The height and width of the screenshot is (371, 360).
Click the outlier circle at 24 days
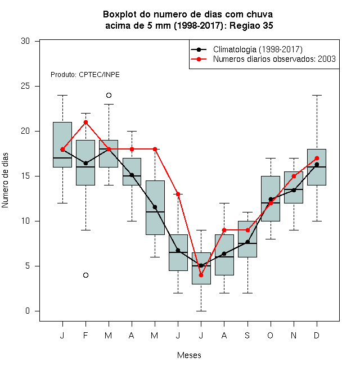click(109, 96)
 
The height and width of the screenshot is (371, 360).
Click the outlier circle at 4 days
click(85, 275)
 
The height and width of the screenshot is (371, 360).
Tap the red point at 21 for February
click(85, 123)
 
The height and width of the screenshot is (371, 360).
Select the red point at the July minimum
click(201, 275)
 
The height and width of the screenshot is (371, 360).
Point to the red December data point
click(317, 158)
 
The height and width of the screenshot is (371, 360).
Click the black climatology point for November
click(294, 190)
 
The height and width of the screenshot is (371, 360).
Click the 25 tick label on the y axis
click(25, 86)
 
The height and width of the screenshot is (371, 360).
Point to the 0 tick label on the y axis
click(28, 311)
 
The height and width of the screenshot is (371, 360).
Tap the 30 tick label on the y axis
click(25, 41)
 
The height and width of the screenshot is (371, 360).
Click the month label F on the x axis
click(85, 335)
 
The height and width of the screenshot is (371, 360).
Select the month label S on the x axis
click(247, 335)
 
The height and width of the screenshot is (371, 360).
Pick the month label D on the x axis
click(317, 335)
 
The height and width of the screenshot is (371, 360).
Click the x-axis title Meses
click(189, 355)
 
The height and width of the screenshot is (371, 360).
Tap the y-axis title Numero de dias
click(5, 180)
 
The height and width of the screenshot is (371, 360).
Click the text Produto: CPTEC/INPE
click(85, 75)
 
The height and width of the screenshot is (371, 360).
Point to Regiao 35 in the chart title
click(251, 25)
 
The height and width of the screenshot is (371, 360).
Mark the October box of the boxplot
click(271, 199)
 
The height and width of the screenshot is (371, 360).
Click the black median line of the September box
click(247, 243)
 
